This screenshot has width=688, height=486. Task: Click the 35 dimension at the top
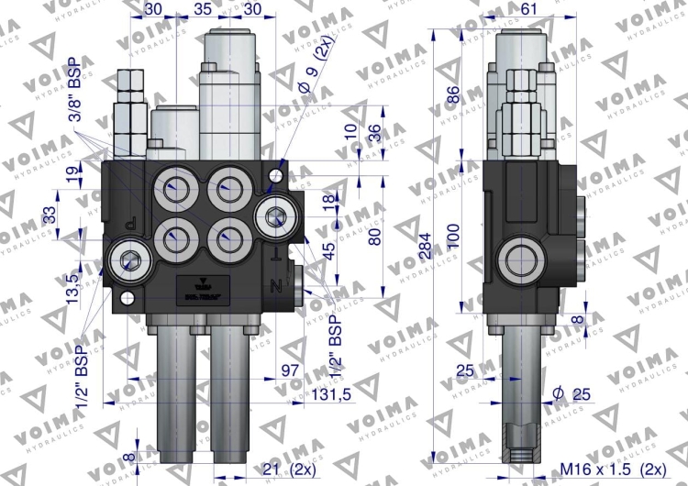click(x=204, y=8)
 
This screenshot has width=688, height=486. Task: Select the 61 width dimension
click(x=528, y=8)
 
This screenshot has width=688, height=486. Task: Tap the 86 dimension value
click(x=450, y=94)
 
